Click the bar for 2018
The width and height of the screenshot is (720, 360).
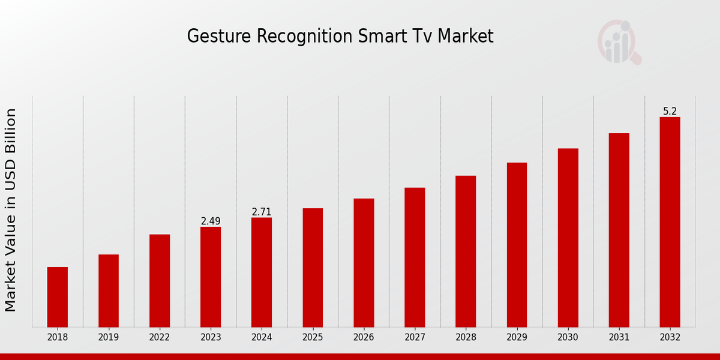pyautogui.click(x=58, y=297)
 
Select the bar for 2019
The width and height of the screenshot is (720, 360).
pyautogui.click(x=109, y=291)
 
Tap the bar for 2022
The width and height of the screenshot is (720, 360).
pyautogui.click(x=160, y=281)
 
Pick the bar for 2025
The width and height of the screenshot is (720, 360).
pyautogui.click(x=313, y=268)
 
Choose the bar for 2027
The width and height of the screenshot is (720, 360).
pyautogui.click(x=415, y=257)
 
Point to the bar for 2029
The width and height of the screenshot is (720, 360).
pyautogui.click(x=517, y=245)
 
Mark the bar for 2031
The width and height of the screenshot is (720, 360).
pyautogui.click(x=619, y=230)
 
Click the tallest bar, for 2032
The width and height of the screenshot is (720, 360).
pyautogui.click(x=670, y=222)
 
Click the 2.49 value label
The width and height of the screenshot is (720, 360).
pyautogui.click(x=211, y=221)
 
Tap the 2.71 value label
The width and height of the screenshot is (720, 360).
pyautogui.click(x=262, y=212)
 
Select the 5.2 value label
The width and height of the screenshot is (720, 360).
pyautogui.click(x=670, y=112)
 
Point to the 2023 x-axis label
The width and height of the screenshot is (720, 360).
pyautogui.click(x=211, y=338)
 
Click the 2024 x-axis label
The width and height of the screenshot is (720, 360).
pyautogui.click(x=262, y=338)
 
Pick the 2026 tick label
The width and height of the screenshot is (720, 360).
pyautogui.click(x=364, y=338)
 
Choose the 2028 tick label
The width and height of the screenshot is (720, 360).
pyautogui.click(x=466, y=338)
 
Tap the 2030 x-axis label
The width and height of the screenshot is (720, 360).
pyautogui.click(x=568, y=338)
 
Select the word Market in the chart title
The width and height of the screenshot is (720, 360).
pyautogui.click(x=466, y=37)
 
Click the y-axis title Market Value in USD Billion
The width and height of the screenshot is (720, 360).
pyautogui.click(x=11, y=210)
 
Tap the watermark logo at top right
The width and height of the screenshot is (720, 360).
pyautogui.click(x=619, y=42)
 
